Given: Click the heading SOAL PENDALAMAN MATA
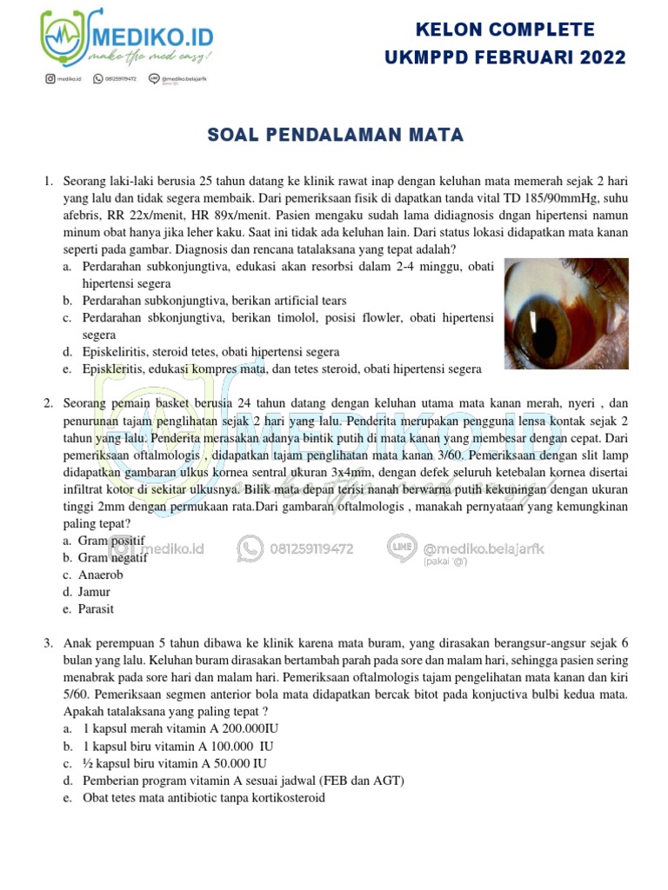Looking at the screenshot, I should (x=335, y=135).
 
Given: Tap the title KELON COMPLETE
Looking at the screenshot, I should (x=505, y=30).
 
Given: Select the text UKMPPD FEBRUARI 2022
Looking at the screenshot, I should (x=505, y=58).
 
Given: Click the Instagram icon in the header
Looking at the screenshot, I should (x=51, y=79).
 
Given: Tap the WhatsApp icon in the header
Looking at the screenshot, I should (x=97, y=79).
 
